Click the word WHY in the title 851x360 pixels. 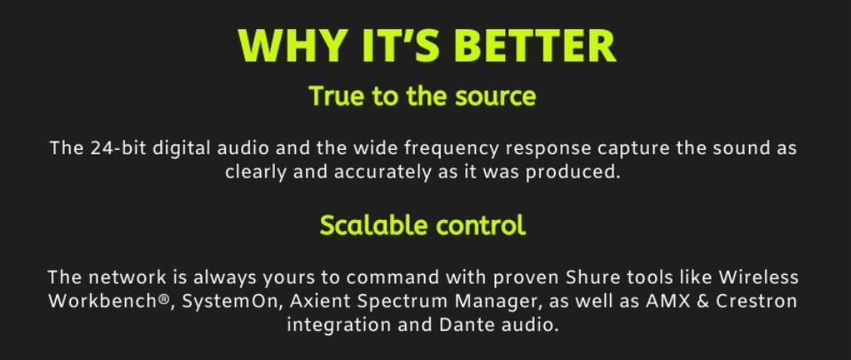coord(291,45)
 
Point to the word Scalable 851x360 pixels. coord(373,225)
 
